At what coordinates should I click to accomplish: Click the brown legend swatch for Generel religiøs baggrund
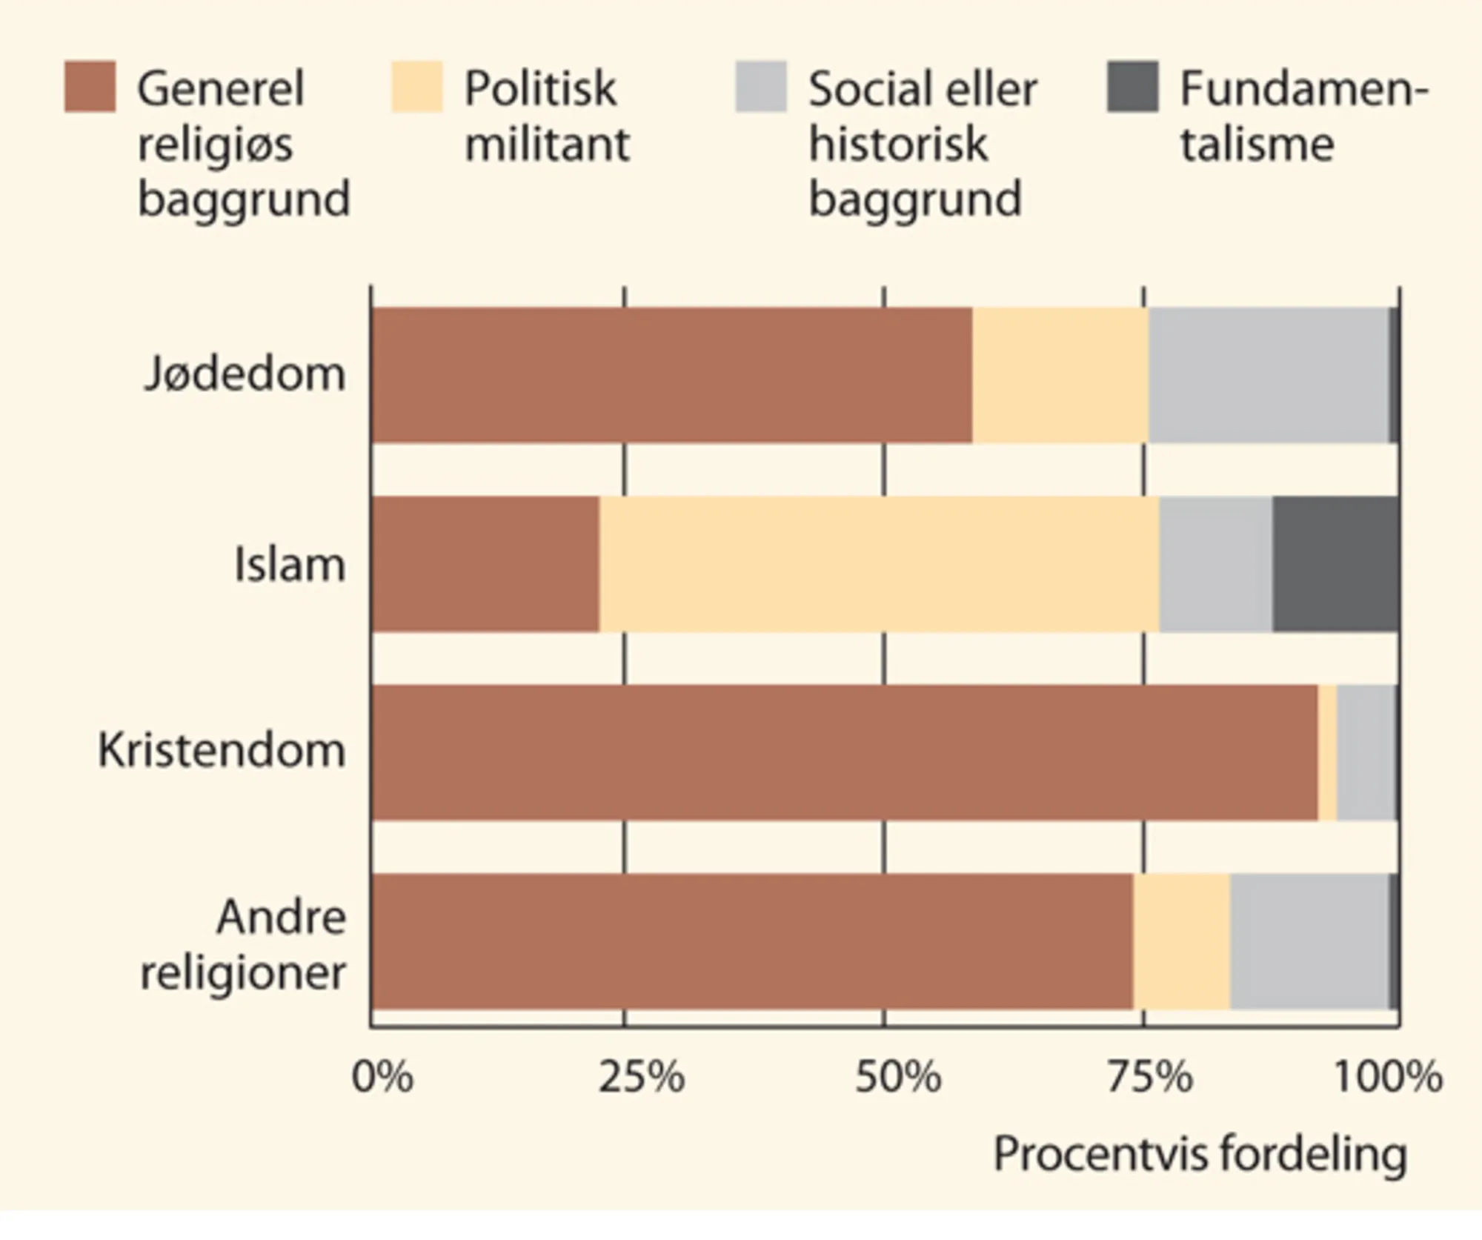point(90,87)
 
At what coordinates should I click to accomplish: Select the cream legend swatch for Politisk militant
point(416,87)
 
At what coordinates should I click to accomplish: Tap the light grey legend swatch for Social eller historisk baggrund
point(760,87)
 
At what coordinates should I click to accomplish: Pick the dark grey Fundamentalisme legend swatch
point(1132,87)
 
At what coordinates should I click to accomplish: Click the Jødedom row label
point(245,374)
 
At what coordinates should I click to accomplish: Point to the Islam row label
point(290,565)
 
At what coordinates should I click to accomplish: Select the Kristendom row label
point(222,751)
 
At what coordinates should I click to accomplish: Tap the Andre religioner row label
point(244,945)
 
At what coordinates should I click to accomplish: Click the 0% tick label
point(382,1077)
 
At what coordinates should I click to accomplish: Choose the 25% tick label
point(642,1077)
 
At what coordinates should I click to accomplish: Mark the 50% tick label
point(898,1077)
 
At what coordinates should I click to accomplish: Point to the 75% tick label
point(1150,1077)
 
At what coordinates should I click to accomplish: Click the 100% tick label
point(1387,1077)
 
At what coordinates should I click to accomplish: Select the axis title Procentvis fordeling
point(1200,1154)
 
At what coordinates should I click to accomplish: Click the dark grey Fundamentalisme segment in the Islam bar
point(1335,564)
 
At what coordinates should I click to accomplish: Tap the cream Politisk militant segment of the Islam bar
point(879,564)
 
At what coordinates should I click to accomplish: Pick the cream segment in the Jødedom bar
point(1060,375)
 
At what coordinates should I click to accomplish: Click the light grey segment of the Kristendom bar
point(1366,752)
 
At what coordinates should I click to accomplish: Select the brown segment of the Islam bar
point(485,564)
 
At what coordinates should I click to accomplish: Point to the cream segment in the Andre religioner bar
point(1181,941)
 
